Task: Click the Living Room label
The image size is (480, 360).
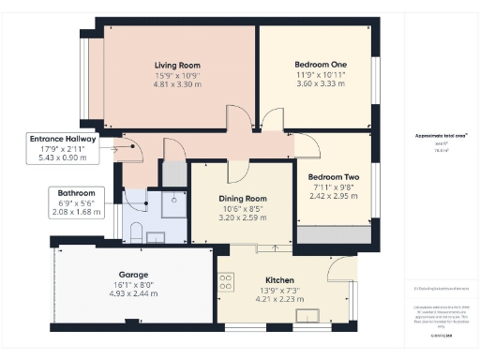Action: [178, 66]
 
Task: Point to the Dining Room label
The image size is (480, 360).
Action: [243, 199]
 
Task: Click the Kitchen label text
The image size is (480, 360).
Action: [279, 280]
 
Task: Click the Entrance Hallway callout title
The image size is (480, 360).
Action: [62, 139]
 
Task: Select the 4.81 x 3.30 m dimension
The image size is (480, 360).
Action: [178, 84]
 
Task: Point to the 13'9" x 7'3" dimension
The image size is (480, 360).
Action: [279, 290]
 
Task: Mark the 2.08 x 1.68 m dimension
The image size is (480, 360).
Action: [75, 212]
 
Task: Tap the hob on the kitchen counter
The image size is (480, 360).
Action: [226, 283]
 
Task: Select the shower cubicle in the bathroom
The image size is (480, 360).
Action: [173, 204]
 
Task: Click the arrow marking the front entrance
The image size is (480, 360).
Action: [118, 147]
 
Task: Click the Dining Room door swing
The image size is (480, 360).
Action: [238, 171]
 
